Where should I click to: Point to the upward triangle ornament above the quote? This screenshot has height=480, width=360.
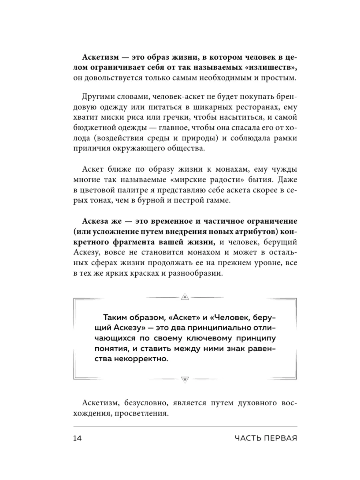pos(184,297)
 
